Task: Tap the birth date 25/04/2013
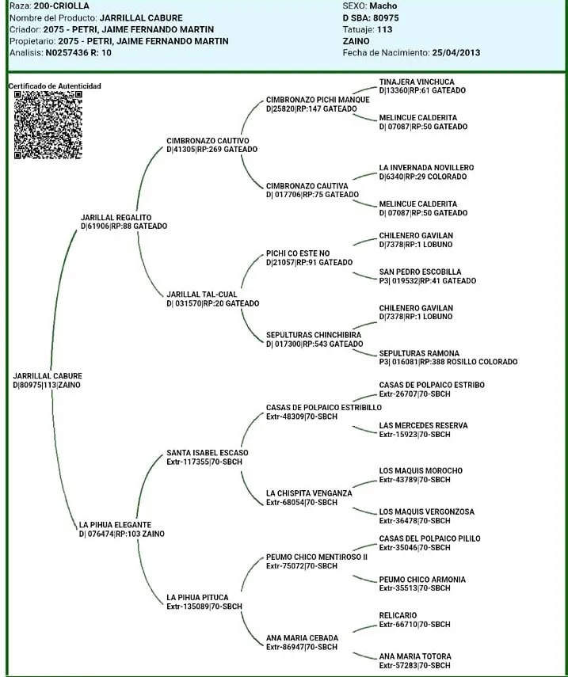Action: point(456,53)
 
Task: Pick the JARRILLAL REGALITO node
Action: point(116,217)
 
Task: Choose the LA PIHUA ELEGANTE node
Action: point(115,525)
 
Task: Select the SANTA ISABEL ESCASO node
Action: point(207,453)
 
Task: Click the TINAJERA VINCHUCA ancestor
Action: point(417,82)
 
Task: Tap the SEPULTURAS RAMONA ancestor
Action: point(417,353)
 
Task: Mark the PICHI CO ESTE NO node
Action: point(298,253)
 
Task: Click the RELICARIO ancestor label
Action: point(398,615)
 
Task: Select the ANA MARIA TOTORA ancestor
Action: point(415,656)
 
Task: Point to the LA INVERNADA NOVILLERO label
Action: point(426,168)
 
